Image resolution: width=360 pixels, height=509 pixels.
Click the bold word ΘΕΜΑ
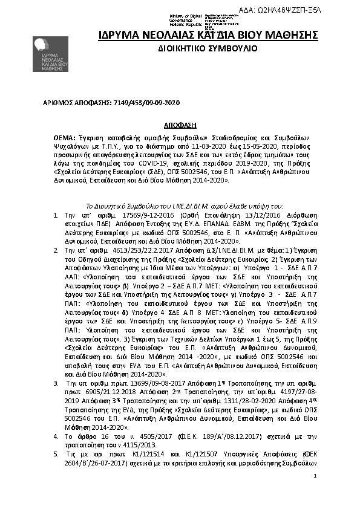point(65,138)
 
